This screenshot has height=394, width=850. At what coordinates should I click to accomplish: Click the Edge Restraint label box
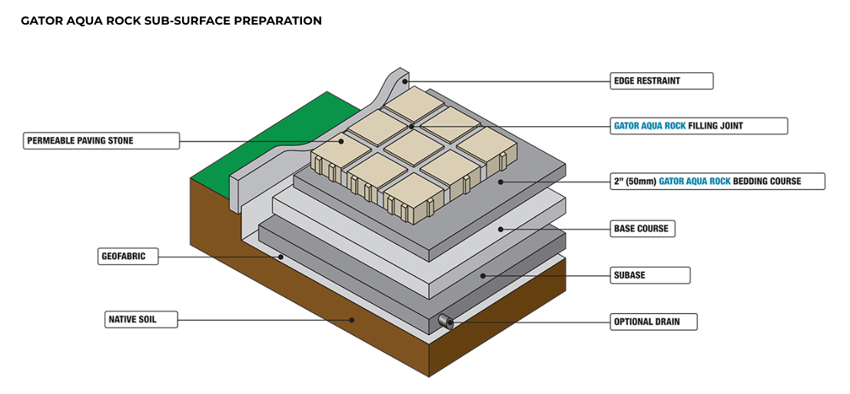pos(660,81)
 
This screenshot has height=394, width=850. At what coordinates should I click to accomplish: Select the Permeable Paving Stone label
pos(101,141)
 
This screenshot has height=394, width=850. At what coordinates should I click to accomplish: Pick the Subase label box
pos(649,275)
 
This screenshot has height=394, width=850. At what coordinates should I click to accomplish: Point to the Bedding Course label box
pos(716,182)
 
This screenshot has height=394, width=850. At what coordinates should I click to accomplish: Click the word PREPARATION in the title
pos(277,21)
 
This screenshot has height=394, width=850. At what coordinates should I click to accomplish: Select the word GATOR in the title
pos(39,21)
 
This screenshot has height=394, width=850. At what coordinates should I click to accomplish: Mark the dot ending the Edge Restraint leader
pos(407,81)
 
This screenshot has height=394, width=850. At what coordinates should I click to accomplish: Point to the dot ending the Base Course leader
pos(501,229)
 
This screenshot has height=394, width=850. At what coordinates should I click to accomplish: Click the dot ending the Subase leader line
pos(483,275)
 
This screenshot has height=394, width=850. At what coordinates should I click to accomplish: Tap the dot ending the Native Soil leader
pos(352,319)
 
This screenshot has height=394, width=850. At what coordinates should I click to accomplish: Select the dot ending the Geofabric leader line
pos(281,256)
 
